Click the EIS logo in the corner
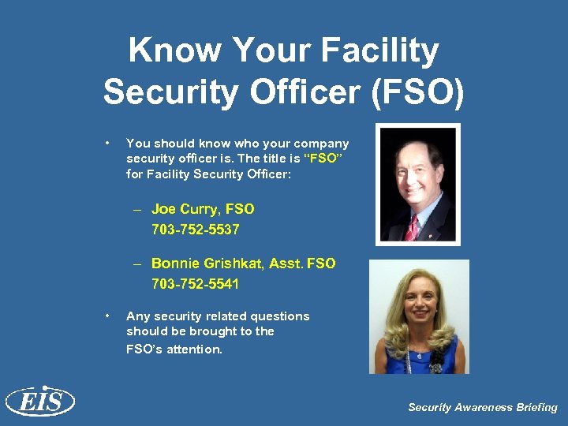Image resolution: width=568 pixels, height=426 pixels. (x=39, y=402)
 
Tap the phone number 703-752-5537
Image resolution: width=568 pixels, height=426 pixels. (x=195, y=230)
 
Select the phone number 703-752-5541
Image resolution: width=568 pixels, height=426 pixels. (x=195, y=283)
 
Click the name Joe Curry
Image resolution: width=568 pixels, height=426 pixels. (x=186, y=209)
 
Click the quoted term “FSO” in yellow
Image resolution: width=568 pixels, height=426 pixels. (x=326, y=157)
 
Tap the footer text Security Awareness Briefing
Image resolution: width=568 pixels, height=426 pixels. (x=482, y=407)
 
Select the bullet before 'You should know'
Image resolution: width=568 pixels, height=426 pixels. (x=106, y=143)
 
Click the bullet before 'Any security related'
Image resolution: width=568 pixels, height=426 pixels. (x=106, y=316)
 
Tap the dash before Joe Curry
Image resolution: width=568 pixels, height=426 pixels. (x=137, y=210)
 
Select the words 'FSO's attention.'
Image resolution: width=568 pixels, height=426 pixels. (x=174, y=349)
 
